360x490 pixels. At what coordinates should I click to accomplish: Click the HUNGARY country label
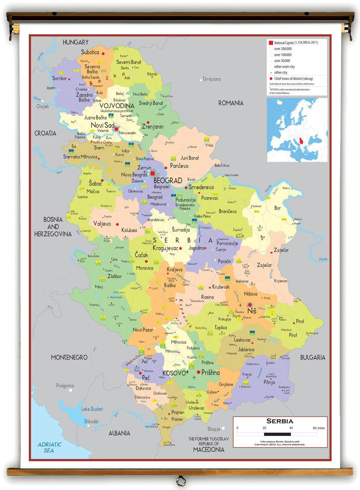coord(76,42)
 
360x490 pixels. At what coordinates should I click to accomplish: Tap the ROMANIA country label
coord(231,103)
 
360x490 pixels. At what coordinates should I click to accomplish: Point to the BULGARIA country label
coord(313,357)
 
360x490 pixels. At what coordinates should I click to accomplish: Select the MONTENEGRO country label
coord(69,357)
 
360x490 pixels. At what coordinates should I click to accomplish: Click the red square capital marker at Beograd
coord(152,173)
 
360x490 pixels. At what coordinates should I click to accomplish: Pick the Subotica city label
coord(90,52)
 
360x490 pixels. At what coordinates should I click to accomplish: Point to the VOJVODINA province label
coord(117,106)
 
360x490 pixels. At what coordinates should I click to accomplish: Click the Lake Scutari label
coord(92,409)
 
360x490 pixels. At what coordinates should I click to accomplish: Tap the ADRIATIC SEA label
coord(49,448)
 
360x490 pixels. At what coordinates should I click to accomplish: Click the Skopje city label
coord(214,429)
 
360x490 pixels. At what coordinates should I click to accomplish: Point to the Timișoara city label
coord(212,79)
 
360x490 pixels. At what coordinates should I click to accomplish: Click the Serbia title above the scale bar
coord(280,421)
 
